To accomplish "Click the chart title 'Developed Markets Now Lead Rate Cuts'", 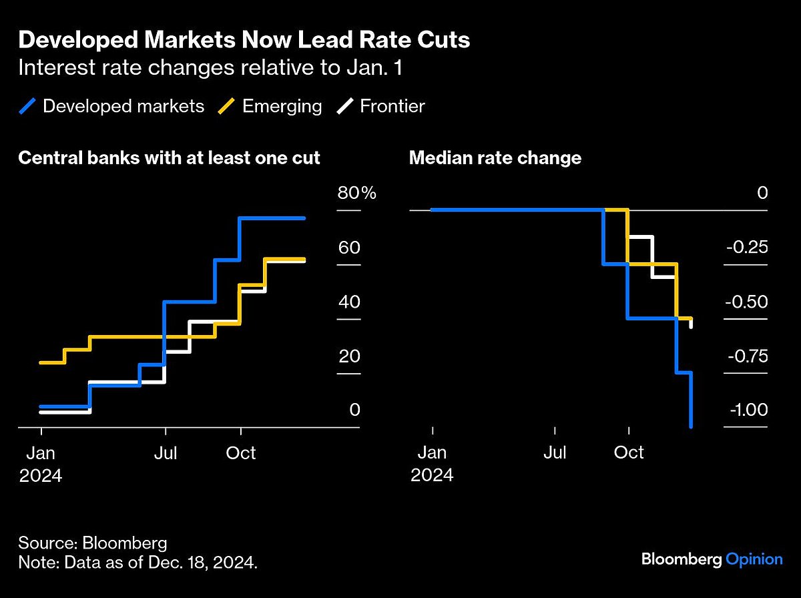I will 244,40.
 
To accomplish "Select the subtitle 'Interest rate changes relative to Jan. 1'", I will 210,69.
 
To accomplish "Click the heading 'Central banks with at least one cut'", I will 169,158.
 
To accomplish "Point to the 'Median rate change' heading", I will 495,158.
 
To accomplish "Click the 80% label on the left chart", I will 356,194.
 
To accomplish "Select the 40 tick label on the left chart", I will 348,302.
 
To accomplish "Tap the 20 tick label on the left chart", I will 348,356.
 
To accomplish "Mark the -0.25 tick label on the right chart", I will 746,248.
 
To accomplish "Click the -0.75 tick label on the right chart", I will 746,356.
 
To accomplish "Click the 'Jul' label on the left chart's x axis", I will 165,453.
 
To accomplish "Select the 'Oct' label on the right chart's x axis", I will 628,453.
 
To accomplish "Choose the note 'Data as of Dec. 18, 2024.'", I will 138,563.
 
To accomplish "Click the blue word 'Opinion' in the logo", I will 754,559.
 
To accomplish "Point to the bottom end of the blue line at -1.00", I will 691,426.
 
